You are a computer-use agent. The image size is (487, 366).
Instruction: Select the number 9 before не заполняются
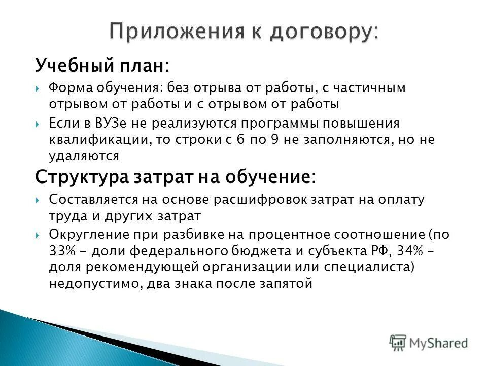click(x=274, y=140)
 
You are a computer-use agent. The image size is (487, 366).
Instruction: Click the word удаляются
click(x=84, y=156)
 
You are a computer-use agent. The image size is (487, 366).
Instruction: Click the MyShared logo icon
click(x=398, y=342)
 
